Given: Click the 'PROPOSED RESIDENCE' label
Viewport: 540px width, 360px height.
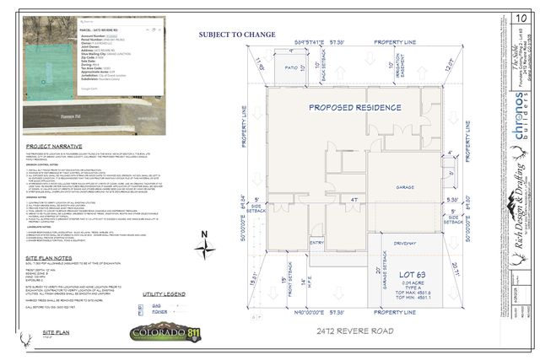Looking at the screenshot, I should pos(354,108).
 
